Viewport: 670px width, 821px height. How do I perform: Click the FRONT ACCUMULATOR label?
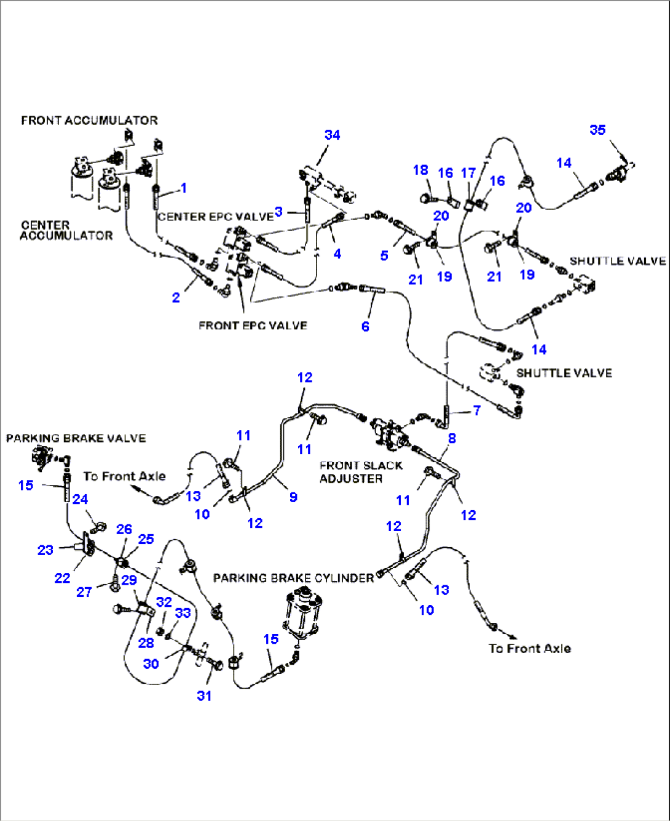(89, 120)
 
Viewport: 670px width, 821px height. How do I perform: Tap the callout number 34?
(332, 135)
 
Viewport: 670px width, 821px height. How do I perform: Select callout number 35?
(597, 130)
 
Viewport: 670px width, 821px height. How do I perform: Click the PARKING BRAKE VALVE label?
(76, 438)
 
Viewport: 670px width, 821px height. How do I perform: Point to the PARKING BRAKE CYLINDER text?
(293, 578)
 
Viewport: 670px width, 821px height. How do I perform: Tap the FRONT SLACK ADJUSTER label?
(360, 472)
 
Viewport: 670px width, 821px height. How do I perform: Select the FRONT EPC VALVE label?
(253, 326)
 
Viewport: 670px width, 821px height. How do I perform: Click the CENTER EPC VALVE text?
(215, 217)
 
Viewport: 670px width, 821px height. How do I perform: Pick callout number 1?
(183, 188)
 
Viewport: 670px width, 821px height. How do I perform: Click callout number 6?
(365, 326)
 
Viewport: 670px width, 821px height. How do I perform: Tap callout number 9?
(293, 497)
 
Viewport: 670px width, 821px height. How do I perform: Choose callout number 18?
(420, 170)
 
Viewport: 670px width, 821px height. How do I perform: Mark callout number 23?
(45, 550)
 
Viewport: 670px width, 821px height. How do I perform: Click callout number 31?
(204, 695)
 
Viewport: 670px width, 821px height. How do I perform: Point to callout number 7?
(477, 410)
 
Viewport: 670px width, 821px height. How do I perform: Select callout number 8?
(452, 439)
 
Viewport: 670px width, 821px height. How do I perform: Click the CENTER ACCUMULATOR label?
(66, 230)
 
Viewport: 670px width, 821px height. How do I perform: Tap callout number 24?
(80, 500)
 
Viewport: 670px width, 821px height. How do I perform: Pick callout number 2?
(176, 298)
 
